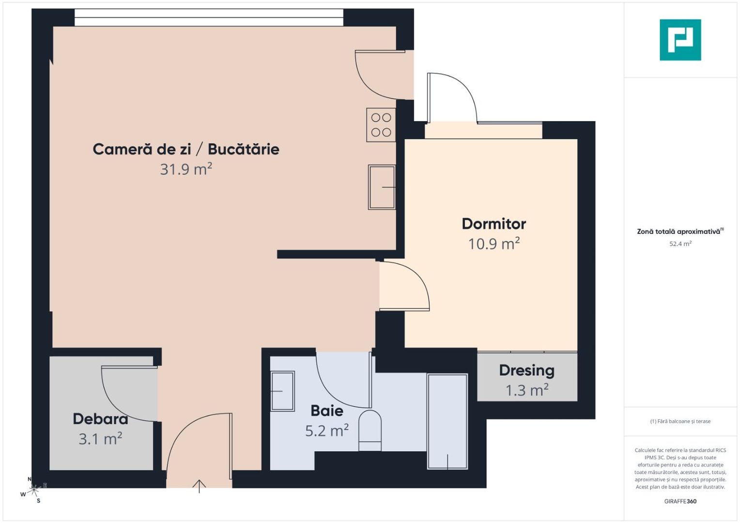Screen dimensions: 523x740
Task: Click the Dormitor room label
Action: click(493, 224)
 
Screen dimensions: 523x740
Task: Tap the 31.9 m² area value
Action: click(186, 169)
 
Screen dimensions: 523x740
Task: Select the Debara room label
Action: click(100, 419)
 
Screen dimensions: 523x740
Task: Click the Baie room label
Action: click(327, 411)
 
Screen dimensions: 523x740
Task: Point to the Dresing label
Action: click(526, 370)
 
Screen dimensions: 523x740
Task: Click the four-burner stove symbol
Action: click(381, 125)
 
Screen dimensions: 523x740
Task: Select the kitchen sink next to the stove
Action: click(382, 187)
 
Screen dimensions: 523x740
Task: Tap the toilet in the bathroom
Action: click(370, 431)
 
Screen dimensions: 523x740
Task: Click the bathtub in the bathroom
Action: click(447, 421)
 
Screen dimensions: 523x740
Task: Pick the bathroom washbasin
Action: click(282, 391)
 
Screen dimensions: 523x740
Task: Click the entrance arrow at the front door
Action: click(199, 485)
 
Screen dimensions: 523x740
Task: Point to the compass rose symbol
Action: click(33, 491)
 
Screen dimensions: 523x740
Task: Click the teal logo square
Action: click(680, 40)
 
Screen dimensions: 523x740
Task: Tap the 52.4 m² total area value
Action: click(680, 244)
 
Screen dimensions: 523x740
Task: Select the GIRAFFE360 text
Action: click(680, 501)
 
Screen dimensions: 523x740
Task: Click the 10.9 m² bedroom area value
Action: click(493, 244)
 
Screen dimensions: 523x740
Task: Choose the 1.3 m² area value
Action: click(526, 390)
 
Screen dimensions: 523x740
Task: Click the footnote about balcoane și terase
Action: click(680, 421)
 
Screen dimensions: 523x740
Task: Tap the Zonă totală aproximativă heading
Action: click(679, 231)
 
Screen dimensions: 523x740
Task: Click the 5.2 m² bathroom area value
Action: click(327, 431)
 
